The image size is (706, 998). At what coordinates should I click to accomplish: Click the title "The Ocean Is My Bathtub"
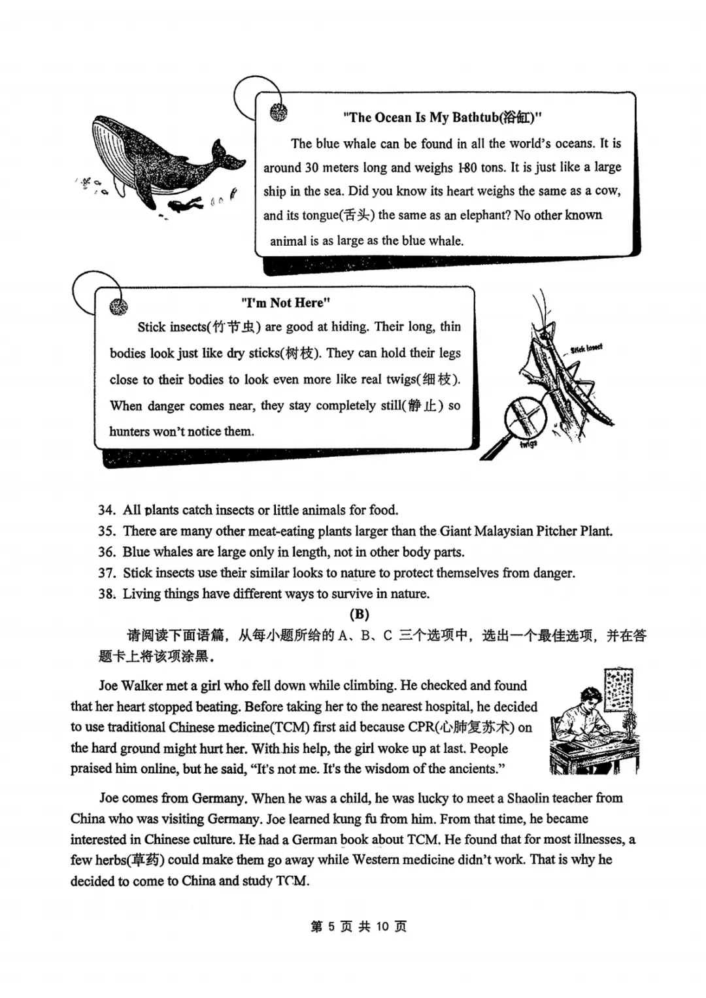pyautogui.click(x=443, y=118)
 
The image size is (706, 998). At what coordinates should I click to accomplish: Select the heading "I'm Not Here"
pyautogui.click(x=286, y=303)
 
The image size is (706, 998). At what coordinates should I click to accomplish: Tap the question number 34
pyautogui.click(x=107, y=510)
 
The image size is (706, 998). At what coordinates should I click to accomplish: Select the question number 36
pyautogui.click(x=107, y=552)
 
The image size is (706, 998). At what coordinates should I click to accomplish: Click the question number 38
pyautogui.click(x=107, y=594)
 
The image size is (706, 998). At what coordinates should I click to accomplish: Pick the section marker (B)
pyautogui.click(x=359, y=614)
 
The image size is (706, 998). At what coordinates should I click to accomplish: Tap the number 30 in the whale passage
pyautogui.click(x=312, y=168)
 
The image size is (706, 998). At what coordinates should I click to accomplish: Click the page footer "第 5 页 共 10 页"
pyautogui.click(x=358, y=926)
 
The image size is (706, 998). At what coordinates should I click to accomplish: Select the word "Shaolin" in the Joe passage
pyautogui.click(x=537, y=798)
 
